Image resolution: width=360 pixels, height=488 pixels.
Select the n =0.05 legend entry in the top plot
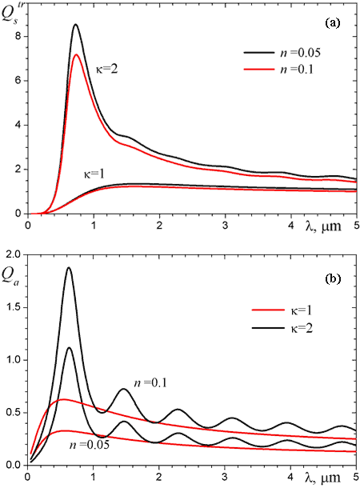pos(282,53)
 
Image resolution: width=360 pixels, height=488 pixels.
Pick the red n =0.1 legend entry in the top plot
pos(278,69)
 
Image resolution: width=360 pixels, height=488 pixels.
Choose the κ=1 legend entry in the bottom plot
pos(282,310)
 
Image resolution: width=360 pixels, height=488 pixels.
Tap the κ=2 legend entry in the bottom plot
pos(282,328)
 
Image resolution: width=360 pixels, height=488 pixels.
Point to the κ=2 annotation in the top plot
pos(106,69)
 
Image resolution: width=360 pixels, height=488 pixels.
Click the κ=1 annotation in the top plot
pos(94,174)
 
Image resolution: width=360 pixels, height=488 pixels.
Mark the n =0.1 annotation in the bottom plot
pos(150,383)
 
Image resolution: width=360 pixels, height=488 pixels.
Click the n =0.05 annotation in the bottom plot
pos(90,445)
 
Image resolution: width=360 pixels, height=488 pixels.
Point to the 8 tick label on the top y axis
pos(17,37)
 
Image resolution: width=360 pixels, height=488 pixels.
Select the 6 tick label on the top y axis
pos(17,81)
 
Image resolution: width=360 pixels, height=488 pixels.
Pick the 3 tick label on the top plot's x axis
pos(226,226)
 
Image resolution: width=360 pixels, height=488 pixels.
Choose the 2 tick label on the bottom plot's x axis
pos(159,477)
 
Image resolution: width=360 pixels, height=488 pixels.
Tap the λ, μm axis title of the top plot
pos(323,226)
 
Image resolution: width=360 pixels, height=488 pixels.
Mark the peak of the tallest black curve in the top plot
pos(75,24)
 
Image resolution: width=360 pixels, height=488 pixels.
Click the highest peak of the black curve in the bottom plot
pos(69,267)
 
